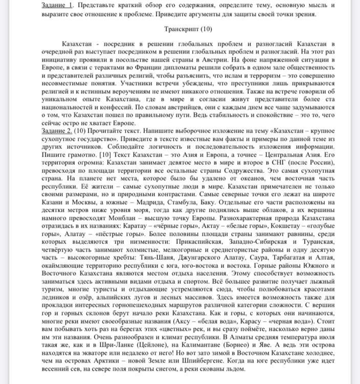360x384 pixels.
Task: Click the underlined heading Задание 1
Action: pyautogui.click(x=57, y=5)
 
